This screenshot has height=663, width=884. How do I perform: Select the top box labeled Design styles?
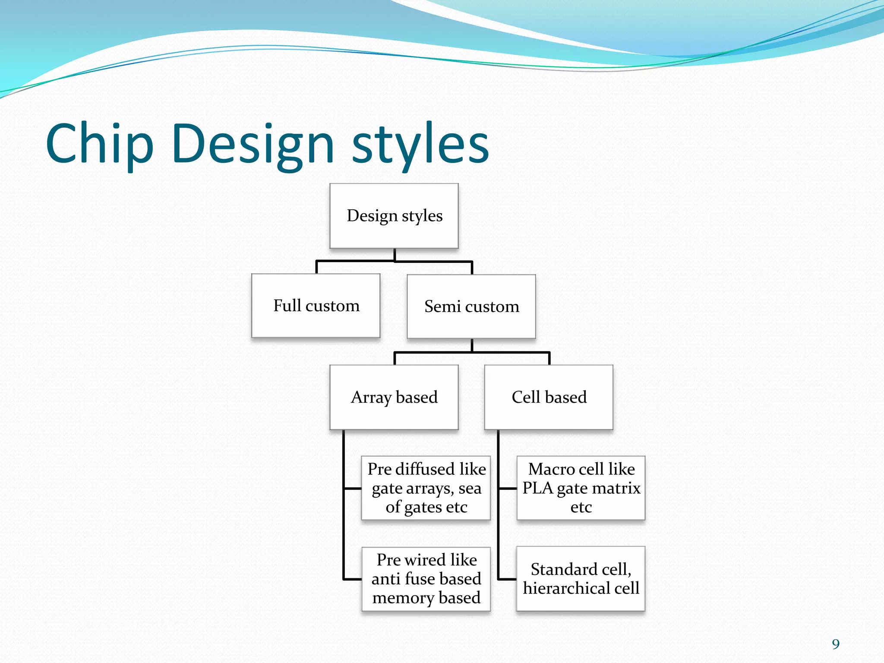(x=394, y=216)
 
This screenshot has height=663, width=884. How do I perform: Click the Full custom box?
(x=316, y=306)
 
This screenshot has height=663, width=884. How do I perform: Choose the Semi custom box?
(x=471, y=306)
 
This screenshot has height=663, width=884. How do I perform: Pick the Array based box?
(x=394, y=397)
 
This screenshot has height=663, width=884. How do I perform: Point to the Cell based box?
(x=549, y=397)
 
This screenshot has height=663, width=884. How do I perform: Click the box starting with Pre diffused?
(x=426, y=488)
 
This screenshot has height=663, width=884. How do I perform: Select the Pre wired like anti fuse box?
(x=426, y=579)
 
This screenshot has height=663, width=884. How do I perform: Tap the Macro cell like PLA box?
(x=581, y=488)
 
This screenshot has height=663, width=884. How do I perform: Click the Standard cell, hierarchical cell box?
(x=581, y=579)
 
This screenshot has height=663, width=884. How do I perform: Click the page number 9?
(x=836, y=644)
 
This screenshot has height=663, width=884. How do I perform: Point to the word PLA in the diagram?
(x=537, y=488)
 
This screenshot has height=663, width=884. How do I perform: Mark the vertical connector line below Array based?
(x=344, y=505)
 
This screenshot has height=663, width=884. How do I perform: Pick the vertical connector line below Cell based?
(x=498, y=505)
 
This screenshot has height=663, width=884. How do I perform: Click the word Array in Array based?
(x=371, y=397)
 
